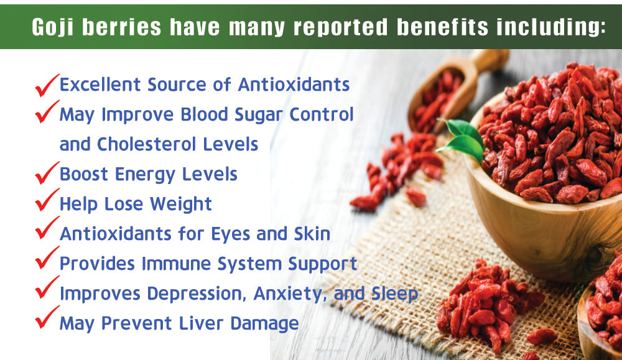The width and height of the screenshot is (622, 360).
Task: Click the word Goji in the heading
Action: click(53, 27)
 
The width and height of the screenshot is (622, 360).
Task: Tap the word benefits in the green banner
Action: click(442, 27)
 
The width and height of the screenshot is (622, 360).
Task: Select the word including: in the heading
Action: click(551, 27)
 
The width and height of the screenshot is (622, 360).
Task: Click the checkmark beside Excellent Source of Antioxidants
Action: click(47, 85)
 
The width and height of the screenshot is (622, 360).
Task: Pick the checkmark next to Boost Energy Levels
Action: click(47, 173)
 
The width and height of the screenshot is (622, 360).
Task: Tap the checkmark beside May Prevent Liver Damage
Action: click(47, 317)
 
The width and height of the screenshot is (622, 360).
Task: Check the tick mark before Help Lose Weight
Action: click(47, 200)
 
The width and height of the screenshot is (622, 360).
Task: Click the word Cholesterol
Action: click(147, 144)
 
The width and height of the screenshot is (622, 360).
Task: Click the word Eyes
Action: click(231, 234)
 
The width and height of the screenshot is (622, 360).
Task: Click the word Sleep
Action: click(394, 294)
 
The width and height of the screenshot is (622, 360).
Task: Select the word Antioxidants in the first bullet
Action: click(294, 85)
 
